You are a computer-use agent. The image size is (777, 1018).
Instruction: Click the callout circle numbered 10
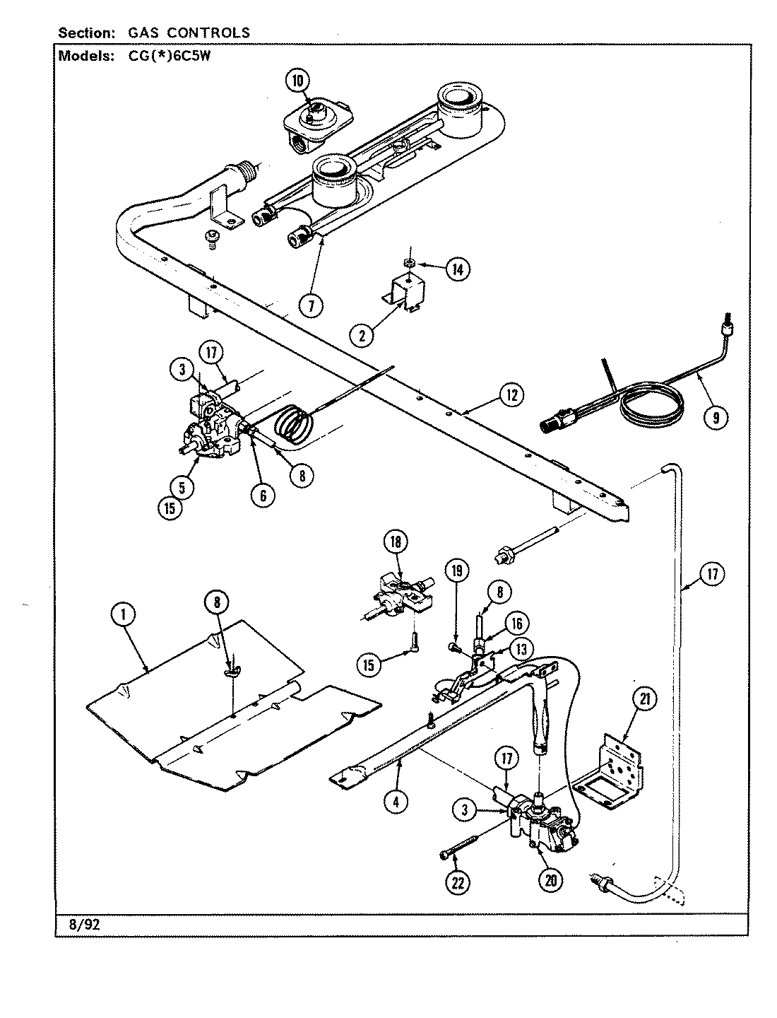coord(297,81)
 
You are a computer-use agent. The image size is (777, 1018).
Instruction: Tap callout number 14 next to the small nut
coord(457,269)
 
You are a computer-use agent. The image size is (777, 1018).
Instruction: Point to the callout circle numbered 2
coord(362,336)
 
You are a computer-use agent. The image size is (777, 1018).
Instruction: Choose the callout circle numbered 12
coord(511,395)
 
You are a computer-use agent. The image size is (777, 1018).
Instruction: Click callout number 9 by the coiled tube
coord(716,417)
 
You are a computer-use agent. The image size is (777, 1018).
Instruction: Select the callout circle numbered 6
coord(262,495)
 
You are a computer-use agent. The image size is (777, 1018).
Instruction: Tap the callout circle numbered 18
coord(396,542)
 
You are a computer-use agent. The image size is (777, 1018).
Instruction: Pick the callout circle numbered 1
coord(124,616)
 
